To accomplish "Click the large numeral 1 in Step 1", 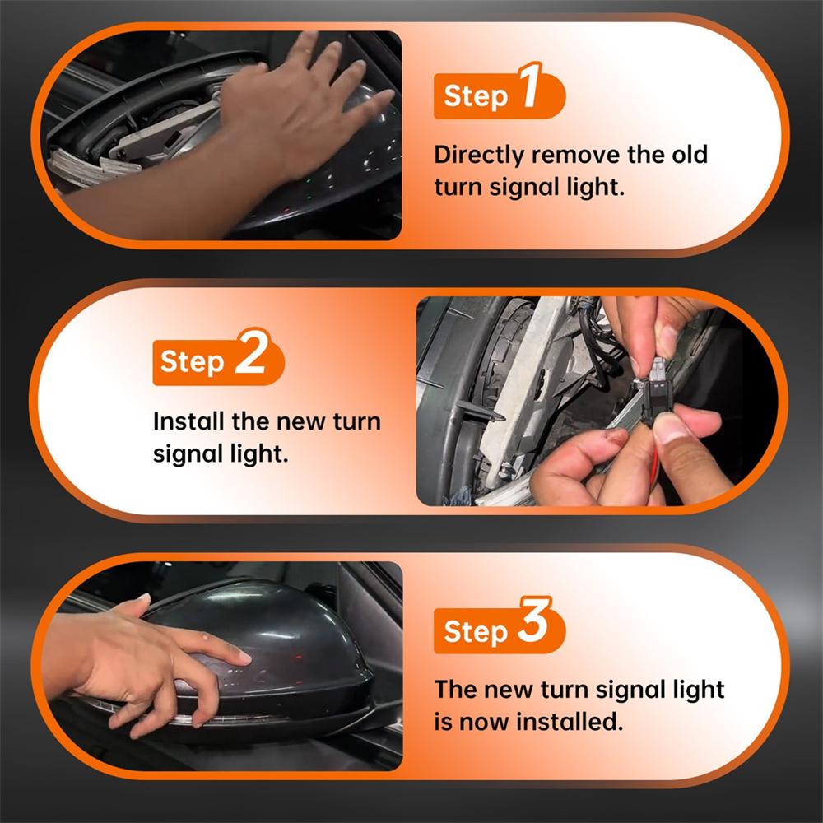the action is tap(530, 86).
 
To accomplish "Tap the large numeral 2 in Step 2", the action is tap(251, 351).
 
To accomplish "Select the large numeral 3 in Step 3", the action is tap(534, 620).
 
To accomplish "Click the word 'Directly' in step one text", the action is tap(479, 156).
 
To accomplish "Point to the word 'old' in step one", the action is tap(690, 155).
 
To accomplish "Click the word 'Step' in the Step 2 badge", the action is tap(192, 362).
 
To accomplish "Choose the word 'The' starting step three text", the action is tap(455, 689).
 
